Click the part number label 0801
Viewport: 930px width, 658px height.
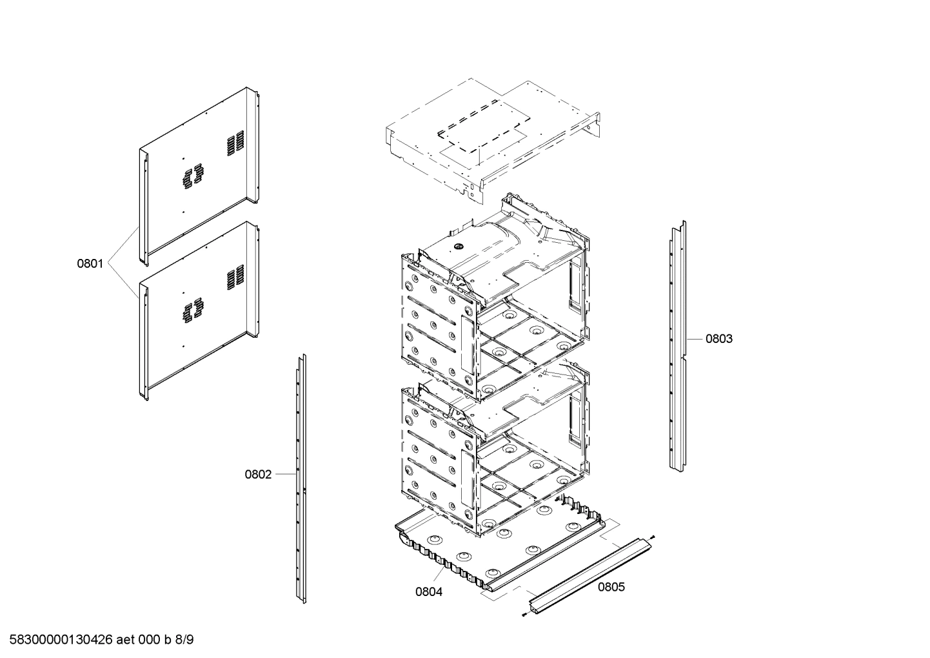pos(90,263)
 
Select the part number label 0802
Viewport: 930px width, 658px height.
pos(257,475)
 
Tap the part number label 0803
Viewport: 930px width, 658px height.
pos(718,338)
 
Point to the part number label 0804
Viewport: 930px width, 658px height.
pos(429,591)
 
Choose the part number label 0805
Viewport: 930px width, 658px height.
pos(611,587)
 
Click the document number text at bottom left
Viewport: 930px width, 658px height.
pos(97,640)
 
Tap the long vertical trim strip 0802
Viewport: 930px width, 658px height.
pos(300,478)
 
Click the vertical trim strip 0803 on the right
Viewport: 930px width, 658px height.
pos(677,345)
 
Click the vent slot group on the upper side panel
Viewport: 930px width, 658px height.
pos(235,143)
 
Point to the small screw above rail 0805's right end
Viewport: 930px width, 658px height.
pos(654,537)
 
